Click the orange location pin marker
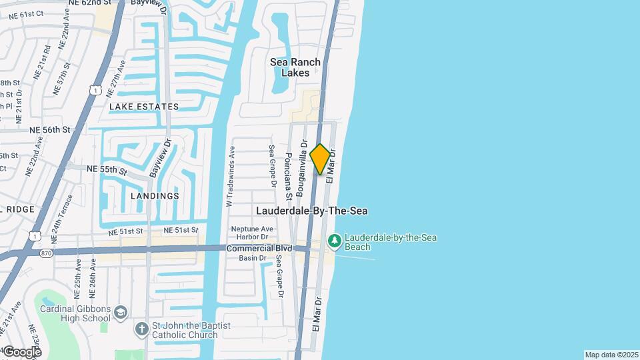click(320, 159)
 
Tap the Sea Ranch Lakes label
click(295, 67)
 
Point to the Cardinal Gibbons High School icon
click(120, 312)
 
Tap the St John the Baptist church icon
click(141, 329)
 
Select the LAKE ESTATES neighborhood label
click(144, 107)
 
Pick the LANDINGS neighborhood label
click(155, 196)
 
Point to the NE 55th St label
click(107, 170)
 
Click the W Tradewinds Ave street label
click(231, 176)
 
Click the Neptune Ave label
click(247, 229)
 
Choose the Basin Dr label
click(253, 258)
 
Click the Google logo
click(22, 352)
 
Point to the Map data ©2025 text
click(611, 355)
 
